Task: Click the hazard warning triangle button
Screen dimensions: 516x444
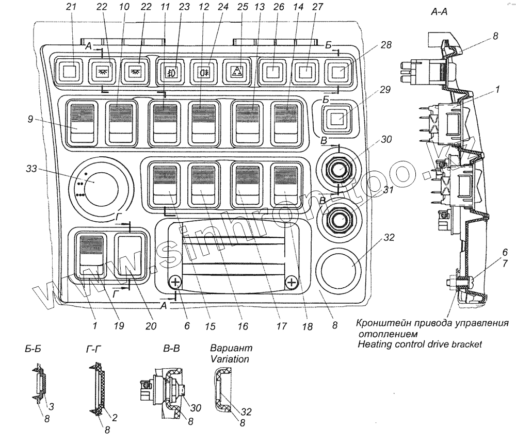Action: (x=239, y=71)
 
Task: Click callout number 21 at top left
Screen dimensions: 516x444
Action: (x=71, y=7)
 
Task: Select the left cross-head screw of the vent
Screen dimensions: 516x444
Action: (x=176, y=282)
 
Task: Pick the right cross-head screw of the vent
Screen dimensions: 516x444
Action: (x=292, y=282)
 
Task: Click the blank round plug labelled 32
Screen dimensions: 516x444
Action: (x=338, y=265)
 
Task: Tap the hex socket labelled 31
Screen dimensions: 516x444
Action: (x=338, y=218)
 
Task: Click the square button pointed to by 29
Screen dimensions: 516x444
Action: (x=336, y=119)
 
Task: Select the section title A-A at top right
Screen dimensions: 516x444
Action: (x=439, y=12)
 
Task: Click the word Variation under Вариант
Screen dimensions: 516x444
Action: (x=230, y=359)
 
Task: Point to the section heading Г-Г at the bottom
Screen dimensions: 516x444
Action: (x=93, y=349)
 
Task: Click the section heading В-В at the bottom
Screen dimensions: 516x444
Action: (x=171, y=349)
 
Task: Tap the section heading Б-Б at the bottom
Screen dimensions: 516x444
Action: (x=33, y=349)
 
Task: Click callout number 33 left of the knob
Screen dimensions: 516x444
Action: (x=31, y=169)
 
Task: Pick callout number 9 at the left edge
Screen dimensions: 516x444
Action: (x=30, y=119)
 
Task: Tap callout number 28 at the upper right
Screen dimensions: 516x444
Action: (x=386, y=45)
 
